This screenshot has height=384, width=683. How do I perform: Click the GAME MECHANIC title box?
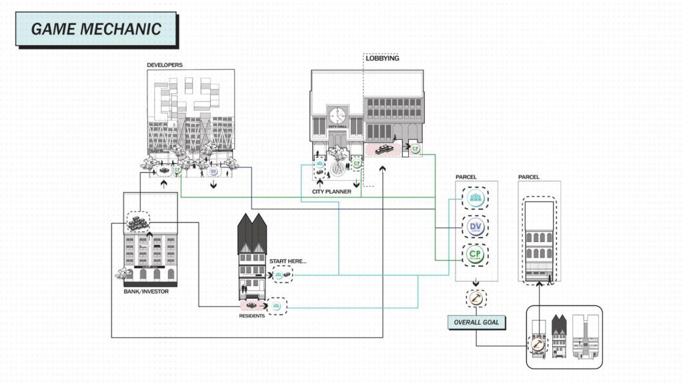[96, 29]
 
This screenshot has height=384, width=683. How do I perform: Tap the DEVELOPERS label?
[165, 65]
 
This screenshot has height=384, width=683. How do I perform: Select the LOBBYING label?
[383, 59]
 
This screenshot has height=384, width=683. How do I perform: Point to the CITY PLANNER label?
[332, 192]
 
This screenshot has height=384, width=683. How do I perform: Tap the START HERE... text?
[287, 261]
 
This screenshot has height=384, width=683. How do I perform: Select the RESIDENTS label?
[252, 315]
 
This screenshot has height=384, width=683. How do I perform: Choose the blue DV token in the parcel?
[476, 227]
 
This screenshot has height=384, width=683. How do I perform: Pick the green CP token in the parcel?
[476, 255]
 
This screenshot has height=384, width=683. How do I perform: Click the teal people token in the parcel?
[476, 199]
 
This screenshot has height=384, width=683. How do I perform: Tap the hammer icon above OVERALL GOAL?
[476, 299]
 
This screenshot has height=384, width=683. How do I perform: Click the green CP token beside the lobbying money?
[414, 149]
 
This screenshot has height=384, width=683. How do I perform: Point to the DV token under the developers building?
[213, 171]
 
